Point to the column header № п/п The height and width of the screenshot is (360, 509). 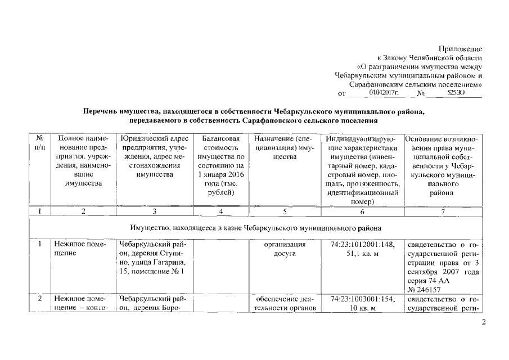tap(40, 142)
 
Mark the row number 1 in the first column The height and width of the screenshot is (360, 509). tap(40, 245)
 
